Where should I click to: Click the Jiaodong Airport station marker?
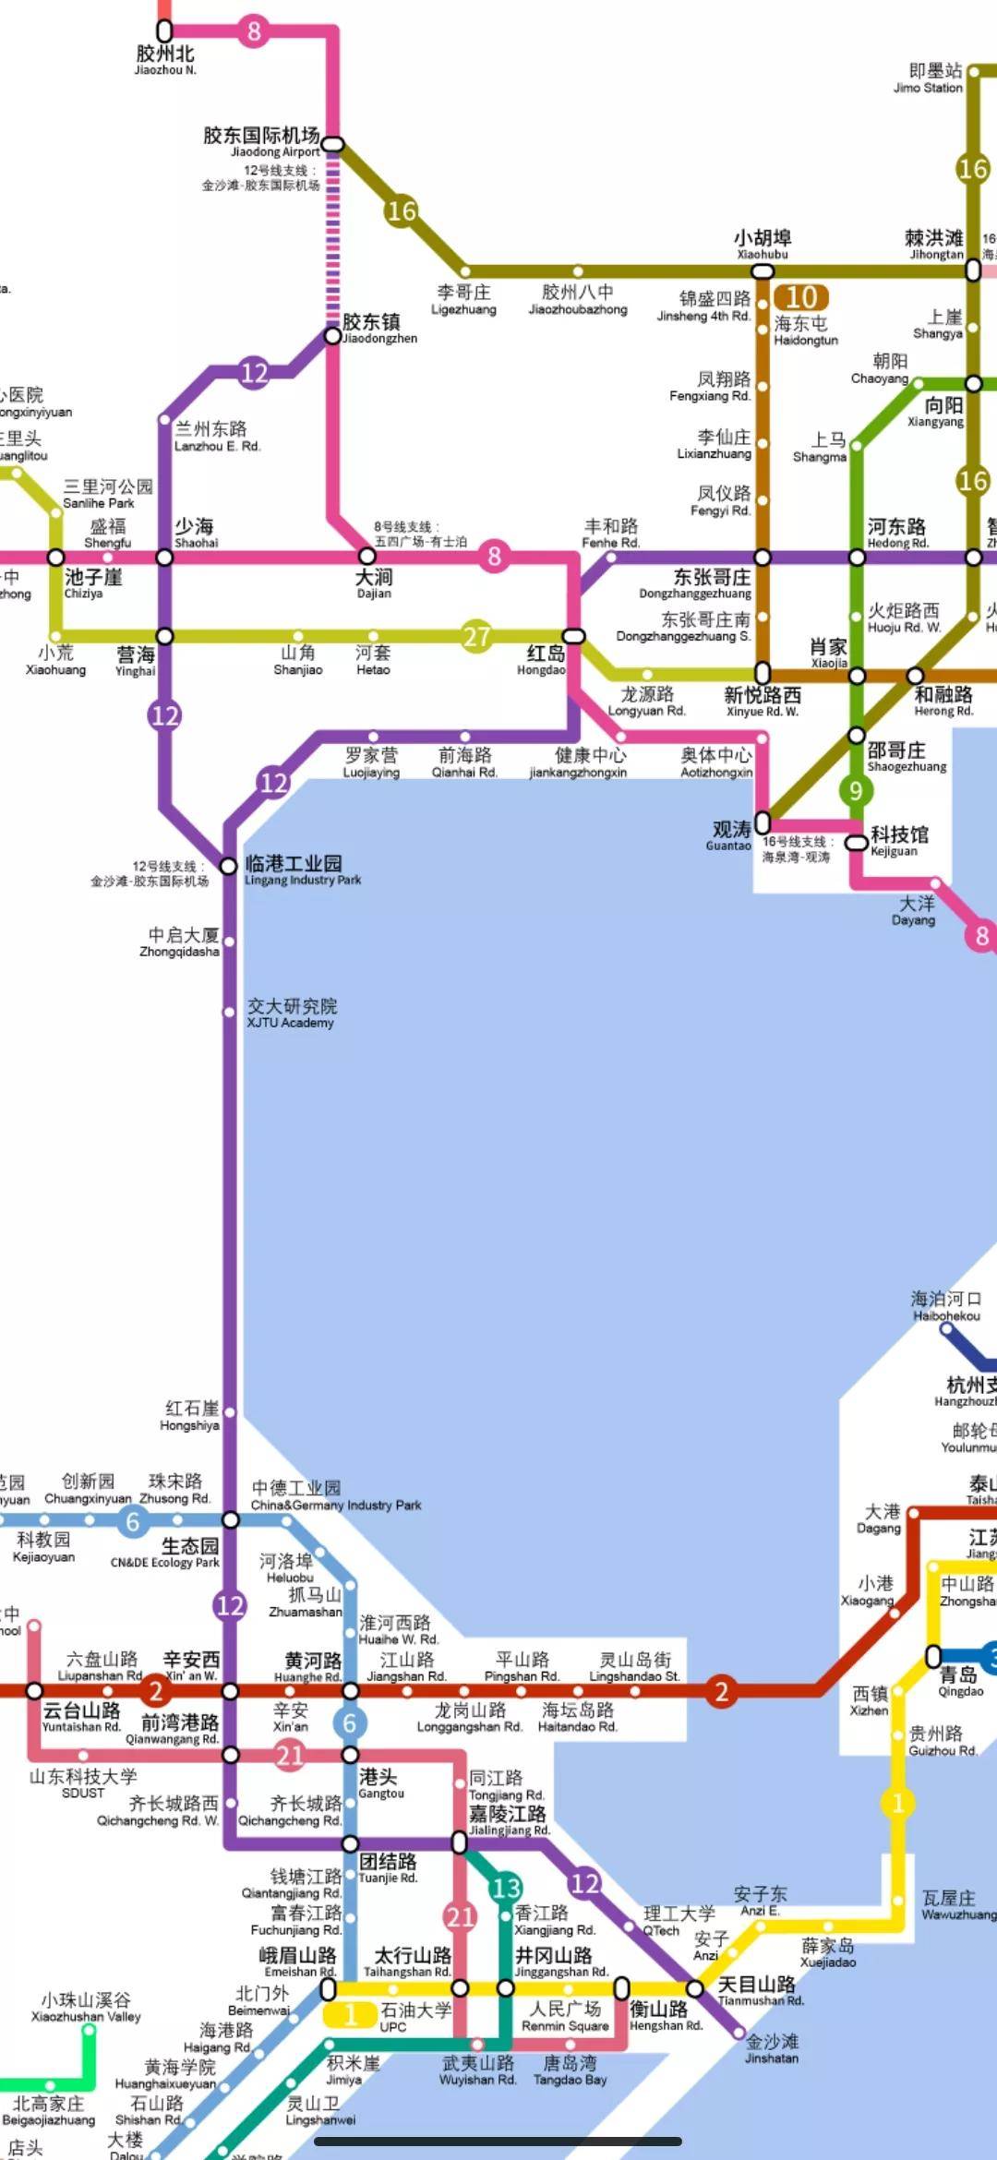click(332, 144)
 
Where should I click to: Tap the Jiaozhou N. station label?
click(165, 60)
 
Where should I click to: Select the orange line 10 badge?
click(800, 297)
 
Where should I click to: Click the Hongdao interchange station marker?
click(573, 636)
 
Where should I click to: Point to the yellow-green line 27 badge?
click(476, 636)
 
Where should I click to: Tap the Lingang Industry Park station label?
click(302, 870)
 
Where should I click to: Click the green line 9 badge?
click(856, 790)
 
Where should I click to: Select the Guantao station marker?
click(763, 822)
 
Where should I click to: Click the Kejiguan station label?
click(898, 841)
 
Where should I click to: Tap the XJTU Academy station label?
click(291, 1013)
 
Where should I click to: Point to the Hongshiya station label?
click(191, 1415)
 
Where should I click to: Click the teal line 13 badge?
click(506, 1888)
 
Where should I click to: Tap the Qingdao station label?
click(959, 1682)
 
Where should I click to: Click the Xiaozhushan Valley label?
click(86, 2007)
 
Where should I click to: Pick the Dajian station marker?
click(366, 557)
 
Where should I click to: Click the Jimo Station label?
click(929, 78)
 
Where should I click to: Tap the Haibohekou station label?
click(946, 1305)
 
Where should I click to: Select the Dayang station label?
click(914, 910)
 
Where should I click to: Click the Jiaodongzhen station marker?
click(332, 336)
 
